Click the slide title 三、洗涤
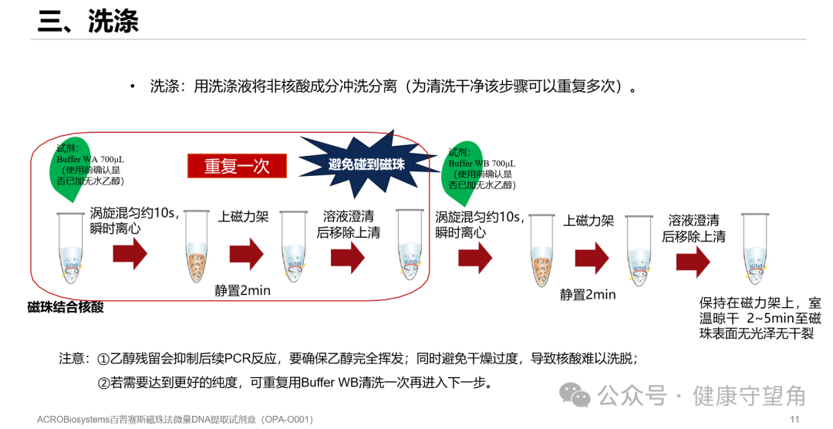coord(88,22)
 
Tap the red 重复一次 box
coord(237,166)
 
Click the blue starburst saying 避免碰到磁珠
coord(366,164)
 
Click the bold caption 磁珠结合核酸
coord(66,307)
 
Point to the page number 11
coord(794,419)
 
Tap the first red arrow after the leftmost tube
coord(130,254)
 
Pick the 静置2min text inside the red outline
coord(242,291)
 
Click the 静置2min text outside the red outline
coord(588,294)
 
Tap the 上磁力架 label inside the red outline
coord(244,217)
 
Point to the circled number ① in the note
coord(104,359)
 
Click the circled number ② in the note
coord(104,383)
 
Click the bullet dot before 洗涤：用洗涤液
coord(133,86)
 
